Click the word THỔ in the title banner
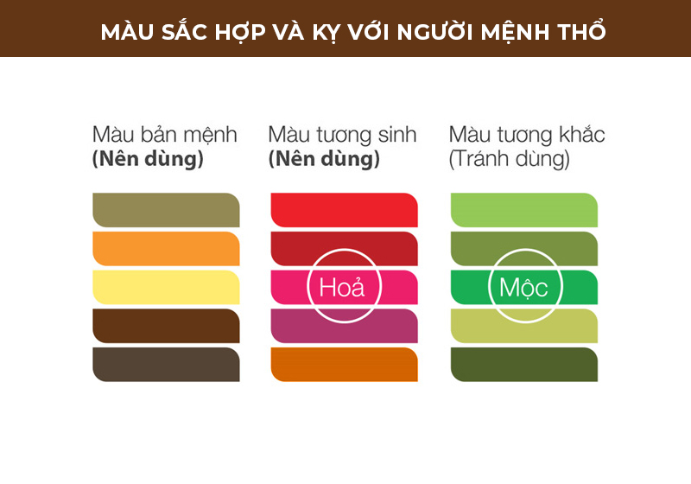(581, 31)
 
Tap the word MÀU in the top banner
(127, 32)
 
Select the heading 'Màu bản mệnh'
(165, 135)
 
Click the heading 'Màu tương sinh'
(342, 135)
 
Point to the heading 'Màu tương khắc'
(527, 134)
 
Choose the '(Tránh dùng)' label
(509, 159)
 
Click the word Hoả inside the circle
(342, 288)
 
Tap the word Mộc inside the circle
(523, 289)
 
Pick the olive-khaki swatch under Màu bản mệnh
(166, 210)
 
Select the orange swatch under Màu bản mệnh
(166, 249)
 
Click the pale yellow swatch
(166, 287)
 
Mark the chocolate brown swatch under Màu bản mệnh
(166, 326)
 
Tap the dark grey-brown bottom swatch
(166, 364)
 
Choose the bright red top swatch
(344, 210)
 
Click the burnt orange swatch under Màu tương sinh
(344, 364)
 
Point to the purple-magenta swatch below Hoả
(344, 326)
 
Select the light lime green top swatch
(524, 210)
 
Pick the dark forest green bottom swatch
(524, 364)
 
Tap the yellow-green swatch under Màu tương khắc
(524, 326)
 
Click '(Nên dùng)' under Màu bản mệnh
(148, 159)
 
